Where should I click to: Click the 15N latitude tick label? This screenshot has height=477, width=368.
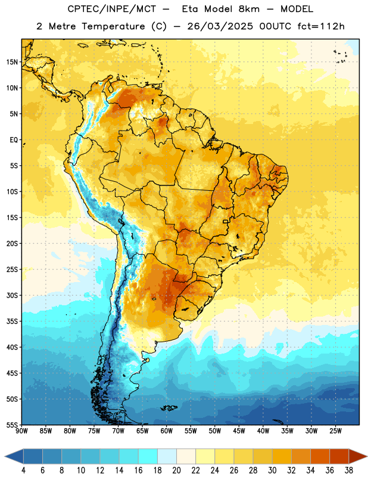(12, 62)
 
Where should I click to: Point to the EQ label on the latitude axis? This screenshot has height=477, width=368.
(14, 140)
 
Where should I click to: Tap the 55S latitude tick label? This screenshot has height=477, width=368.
(12, 425)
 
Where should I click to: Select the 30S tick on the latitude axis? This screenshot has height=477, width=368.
(12, 295)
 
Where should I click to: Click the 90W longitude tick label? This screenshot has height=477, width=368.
(21, 431)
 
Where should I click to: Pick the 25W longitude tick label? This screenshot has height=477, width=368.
(335, 431)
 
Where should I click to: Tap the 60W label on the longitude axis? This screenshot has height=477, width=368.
(167, 431)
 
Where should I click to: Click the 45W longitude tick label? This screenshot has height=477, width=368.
(239, 431)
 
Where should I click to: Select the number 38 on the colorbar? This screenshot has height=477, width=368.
(348, 470)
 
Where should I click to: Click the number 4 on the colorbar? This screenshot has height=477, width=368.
(23, 470)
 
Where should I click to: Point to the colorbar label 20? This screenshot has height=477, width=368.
(176, 470)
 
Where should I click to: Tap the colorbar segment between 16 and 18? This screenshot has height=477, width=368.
(148, 456)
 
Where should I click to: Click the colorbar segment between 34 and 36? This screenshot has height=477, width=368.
(320, 456)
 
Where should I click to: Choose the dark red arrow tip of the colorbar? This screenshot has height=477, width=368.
(358, 456)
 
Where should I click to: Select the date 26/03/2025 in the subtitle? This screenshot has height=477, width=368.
(220, 26)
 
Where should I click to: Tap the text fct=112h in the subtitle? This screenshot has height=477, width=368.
(321, 26)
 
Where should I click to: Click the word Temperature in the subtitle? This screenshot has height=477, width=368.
(113, 26)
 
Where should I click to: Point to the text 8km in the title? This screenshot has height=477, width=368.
(249, 9)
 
